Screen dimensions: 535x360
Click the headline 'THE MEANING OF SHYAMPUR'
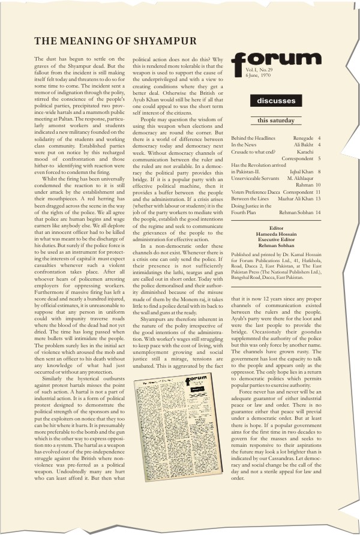115,41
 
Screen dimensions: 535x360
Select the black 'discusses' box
276,100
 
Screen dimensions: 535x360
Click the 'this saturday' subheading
276,121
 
